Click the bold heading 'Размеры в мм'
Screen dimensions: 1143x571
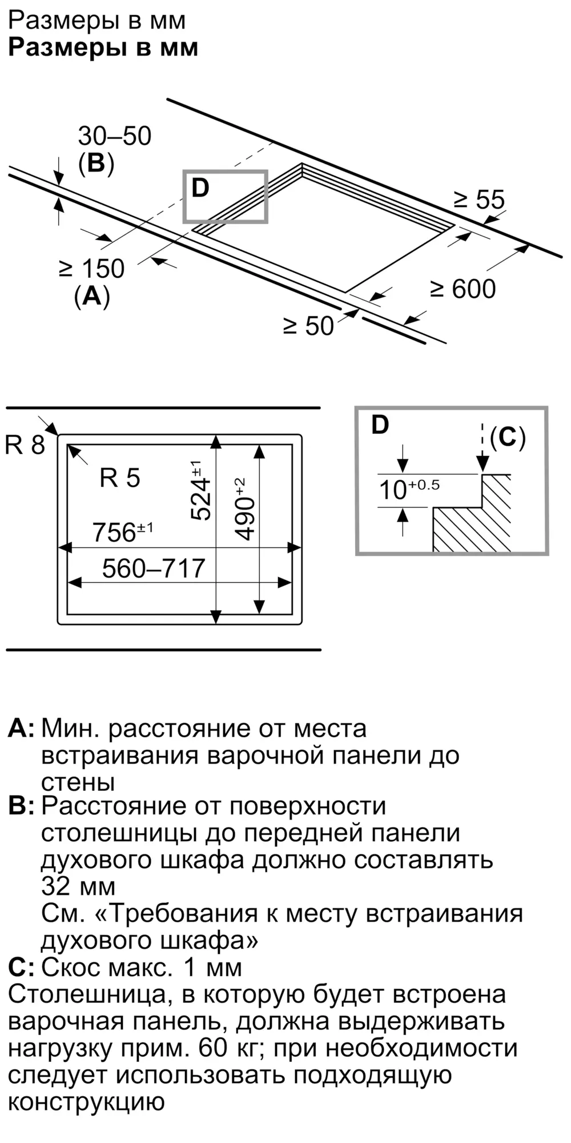[x=103, y=47]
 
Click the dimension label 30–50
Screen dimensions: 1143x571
[x=115, y=137]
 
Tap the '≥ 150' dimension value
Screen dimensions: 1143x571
[x=92, y=269]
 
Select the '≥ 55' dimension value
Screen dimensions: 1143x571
[x=479, y=200]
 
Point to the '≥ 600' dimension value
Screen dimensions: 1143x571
[x=463, y=289]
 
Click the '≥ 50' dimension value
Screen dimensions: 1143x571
[x=308, y=326]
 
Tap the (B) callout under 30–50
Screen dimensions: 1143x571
[x=96, y=163]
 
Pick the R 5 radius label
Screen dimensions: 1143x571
[x=120, y=478]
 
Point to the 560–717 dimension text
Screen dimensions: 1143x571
[x=153, y=569]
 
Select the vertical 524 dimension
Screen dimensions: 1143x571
[x=200, y=492]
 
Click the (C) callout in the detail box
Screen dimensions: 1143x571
[x=508, y=437]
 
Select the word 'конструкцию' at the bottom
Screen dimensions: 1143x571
[x=86, y=1101]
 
